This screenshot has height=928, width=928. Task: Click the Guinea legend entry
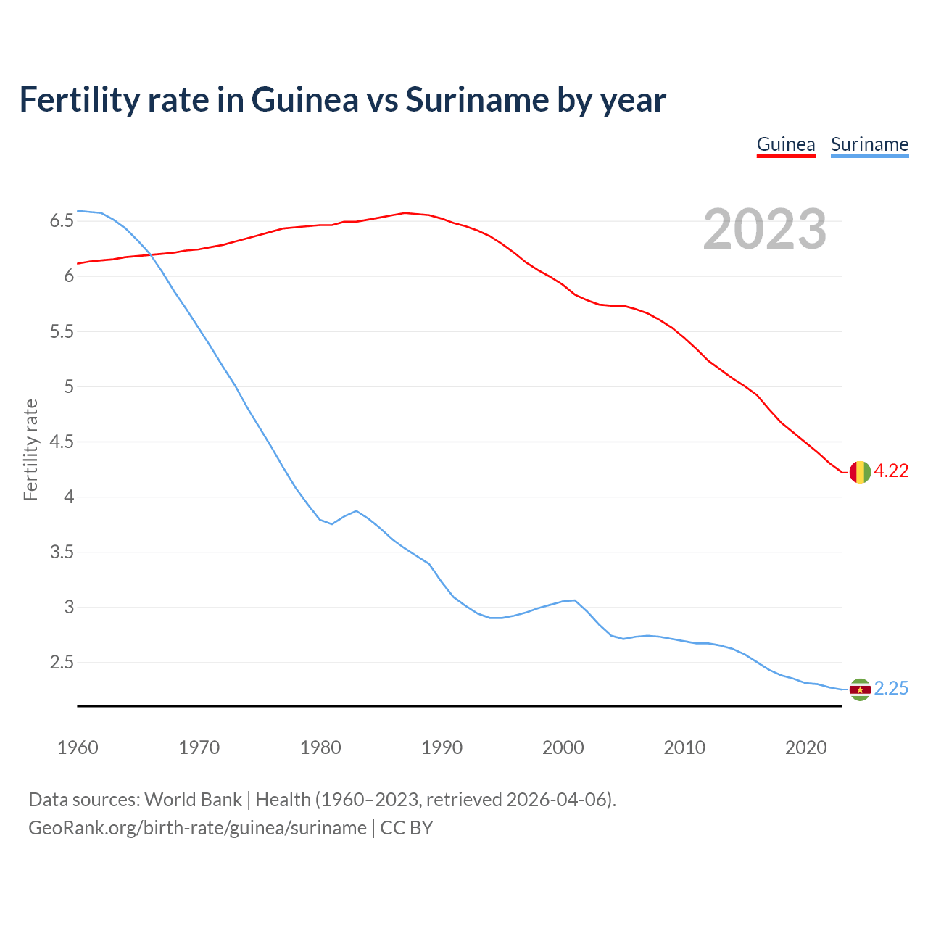click(x=786, y=144)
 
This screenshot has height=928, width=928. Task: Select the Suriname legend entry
click(x=869, y=144)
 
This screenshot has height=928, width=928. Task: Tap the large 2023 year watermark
click(x=765, y=229)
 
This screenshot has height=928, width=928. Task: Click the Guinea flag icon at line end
click(x=859, y=471)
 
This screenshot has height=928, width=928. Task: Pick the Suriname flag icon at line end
click(x=859, y=689)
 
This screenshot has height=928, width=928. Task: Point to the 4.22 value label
click(x=891, y=471)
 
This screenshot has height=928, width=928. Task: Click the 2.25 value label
click(x=891, y=689)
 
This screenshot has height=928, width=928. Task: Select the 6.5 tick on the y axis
click(x=62, y=221)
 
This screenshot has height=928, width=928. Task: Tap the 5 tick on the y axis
click(x=69, y=386)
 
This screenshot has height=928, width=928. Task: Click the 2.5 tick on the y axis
click(x=62, y=663)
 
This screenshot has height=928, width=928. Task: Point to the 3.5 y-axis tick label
click(x=62, y=552)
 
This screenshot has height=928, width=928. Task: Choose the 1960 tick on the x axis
click(x=78, y=747)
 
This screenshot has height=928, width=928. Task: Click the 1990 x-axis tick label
click(x=442, y=747)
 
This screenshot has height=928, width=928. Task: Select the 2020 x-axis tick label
click(x=805, y=747)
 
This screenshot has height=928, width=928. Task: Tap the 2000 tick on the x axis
click(x=563, y=747)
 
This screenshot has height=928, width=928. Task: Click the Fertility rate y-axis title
click(x=30, y=449)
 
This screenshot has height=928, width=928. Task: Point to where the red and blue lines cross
click(x=151, y=254)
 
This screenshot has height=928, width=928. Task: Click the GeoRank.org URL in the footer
click(x=197, y=828)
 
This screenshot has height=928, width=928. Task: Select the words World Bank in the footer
click(x=193, y=800)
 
